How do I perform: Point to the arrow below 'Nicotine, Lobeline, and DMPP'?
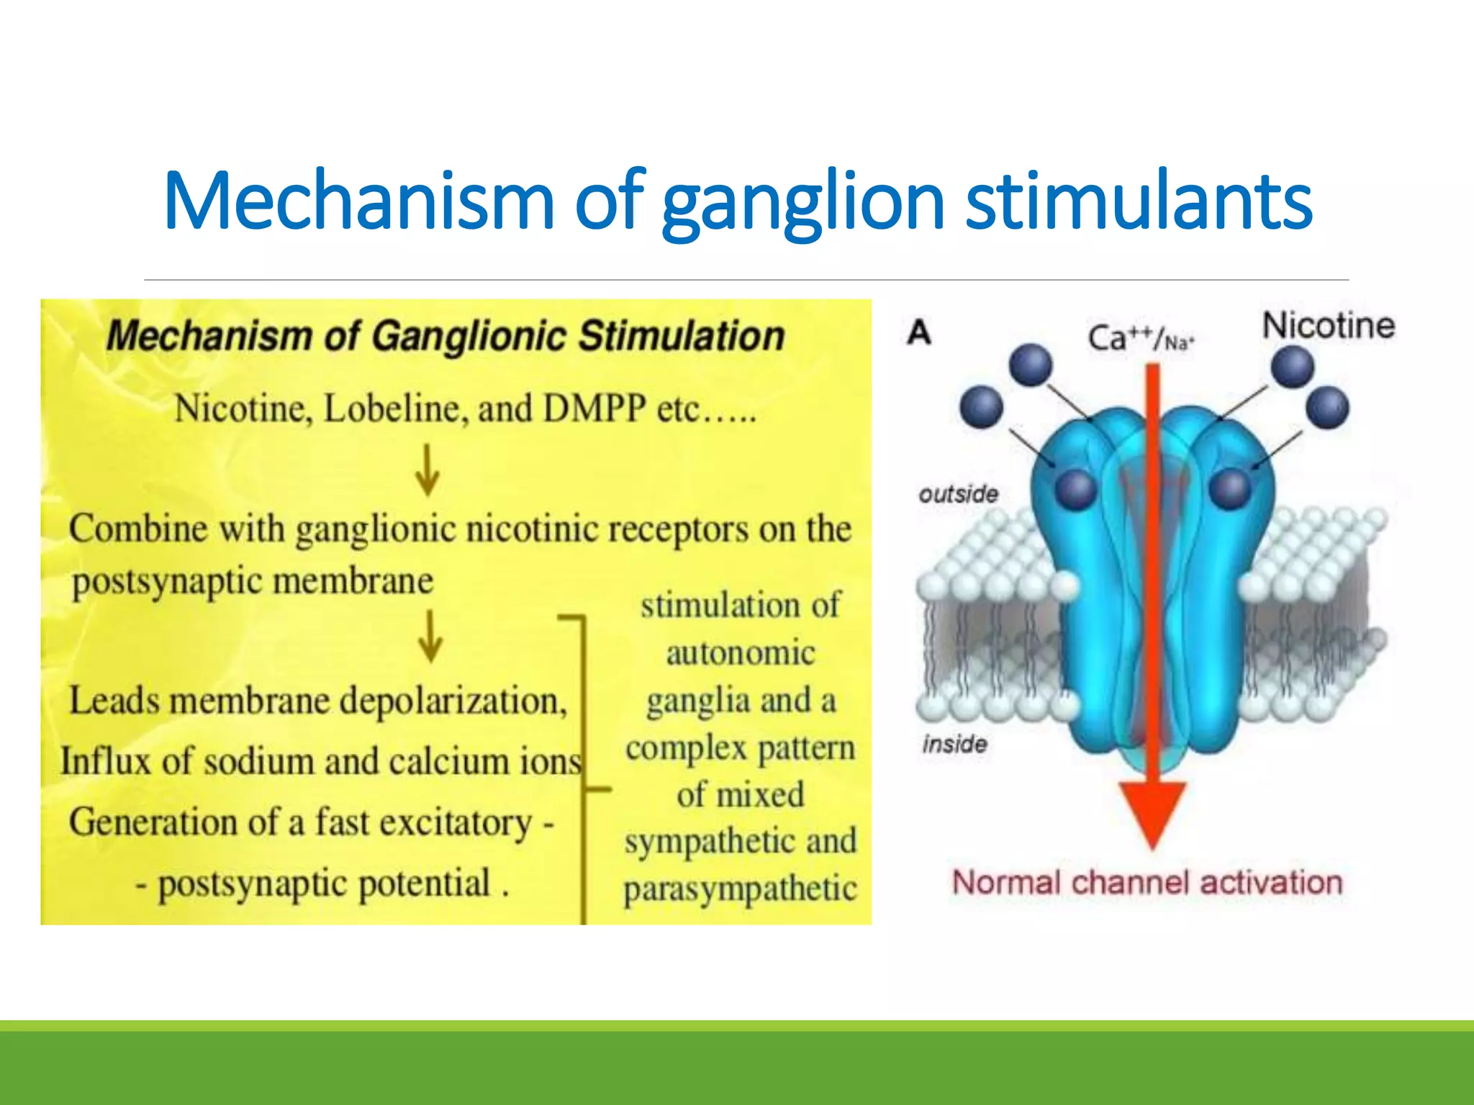pyautogui.click(x=428, y=469)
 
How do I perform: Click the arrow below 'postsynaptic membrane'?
pyautogui.click(x=430, y=636)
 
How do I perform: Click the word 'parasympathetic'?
pyautogui.click(x=740, y=889)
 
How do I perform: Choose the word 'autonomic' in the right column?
pyautogui.click(x=740, y=653)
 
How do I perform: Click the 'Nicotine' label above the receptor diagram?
pyautogui.click(x=1328, y=325)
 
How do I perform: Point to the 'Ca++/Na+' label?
pyautogui.click(x=1140, y=338)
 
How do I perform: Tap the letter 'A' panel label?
pyautogui.click(x=919, y=332)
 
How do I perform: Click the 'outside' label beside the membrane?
pyautogui.click(x=958, y=494)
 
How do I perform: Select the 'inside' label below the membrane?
pyautogui.click(x=954, y=743)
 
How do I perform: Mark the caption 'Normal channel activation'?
pyautogui.click(x=1147, y=882)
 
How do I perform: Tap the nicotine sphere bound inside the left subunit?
pyautogui.click(x=1076, y=489)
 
